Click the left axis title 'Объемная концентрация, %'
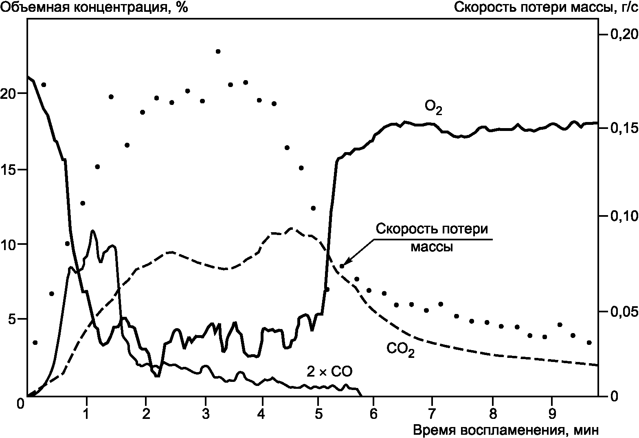95,8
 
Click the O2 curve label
433,108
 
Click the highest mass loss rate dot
218,52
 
